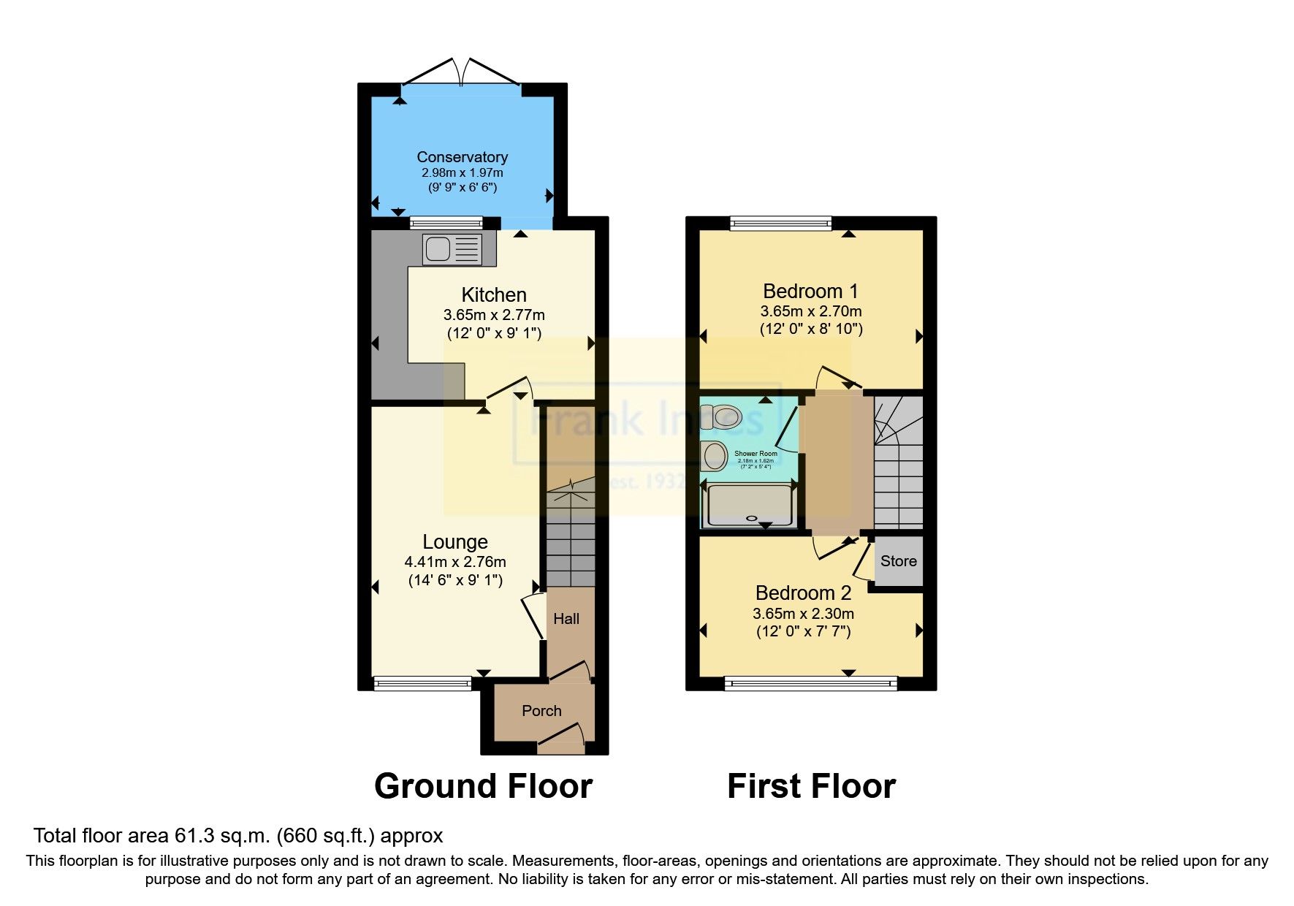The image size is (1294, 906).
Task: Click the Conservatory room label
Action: tap(462, 157)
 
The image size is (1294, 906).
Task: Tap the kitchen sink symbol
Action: tap(452, 249)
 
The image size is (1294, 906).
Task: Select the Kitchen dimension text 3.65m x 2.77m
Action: tap(494, 316)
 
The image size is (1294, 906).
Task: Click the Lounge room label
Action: tap(455, 542)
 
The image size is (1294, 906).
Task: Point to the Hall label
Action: tap(566, 619)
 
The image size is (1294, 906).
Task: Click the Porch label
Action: tap(541, 711)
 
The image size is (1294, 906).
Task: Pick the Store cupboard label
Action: tap(898, 561)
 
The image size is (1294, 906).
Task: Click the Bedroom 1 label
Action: tap(810, 292)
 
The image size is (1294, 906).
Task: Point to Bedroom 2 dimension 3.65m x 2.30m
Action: tap(803, 614)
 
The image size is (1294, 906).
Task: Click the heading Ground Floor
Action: tap(483, 787)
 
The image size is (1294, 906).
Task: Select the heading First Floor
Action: tap(811, 787)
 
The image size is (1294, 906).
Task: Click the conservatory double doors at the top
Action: tap(462, 73)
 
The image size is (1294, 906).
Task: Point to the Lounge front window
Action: tap(422, 684)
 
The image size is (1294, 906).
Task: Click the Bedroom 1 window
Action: tap(780, 223)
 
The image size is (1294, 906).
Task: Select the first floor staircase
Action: tap(899, 468)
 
